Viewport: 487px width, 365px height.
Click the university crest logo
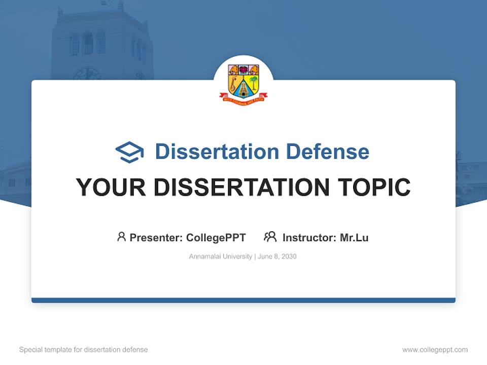(x=243, y=83)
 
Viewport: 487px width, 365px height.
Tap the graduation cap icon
(x=129, y=152)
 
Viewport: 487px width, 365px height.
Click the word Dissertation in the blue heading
(x=217, y=152)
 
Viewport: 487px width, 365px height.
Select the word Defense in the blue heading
(x=327, y=152)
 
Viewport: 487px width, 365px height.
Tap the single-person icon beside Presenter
(x=121, y=237)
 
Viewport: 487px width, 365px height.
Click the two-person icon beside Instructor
(x=270, y=237)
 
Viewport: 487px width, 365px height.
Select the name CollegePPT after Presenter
(x=216, y=237)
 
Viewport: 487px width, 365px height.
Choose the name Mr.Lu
(x=354, y=237)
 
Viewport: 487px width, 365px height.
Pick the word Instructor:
(x=309, y=237)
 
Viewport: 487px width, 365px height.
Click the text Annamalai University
(x=220, y=257)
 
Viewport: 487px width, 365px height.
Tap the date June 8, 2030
(x=277, y=257)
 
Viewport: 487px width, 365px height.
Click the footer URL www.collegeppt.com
(x=435, y=350)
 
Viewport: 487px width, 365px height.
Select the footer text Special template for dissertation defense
(x=84, y=350)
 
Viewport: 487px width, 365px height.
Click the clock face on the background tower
(x=87, y=75)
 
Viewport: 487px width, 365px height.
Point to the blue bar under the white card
(x=243, y=300)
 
